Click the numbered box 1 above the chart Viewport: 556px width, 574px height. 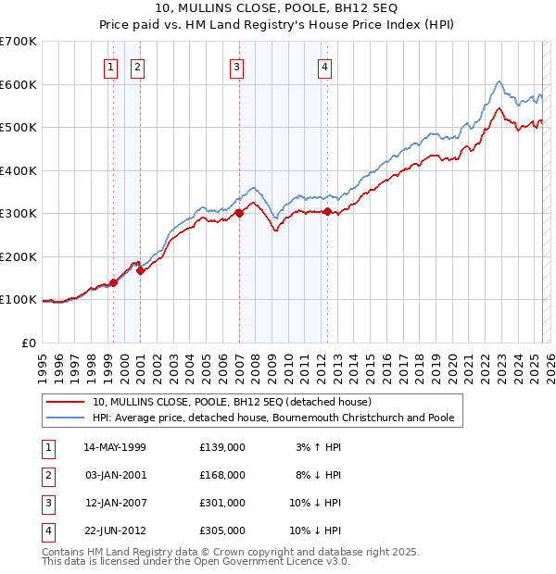pyautogui.click(x=110, y=66)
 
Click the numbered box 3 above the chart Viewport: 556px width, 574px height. pyautogui.click(x=237, y=66)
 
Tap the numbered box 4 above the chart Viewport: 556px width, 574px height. pyautogui.click(x=325, y=66)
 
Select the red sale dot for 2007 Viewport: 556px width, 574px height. pyautogui.click(x=239, y=213)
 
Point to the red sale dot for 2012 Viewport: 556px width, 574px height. pyautogui.click(x=327, y=211)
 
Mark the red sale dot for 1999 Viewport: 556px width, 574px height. pyautogui.click(x=113, y=282)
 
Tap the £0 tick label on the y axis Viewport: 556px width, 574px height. pyautogui.click(x=30, y=343)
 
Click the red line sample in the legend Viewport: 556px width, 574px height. pyautogui.click(x=66, y=402)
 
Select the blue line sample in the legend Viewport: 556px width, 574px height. pyautogui.click(x=66, y=418)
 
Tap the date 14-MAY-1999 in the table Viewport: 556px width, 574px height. pyautogui.click(x=115, y=447)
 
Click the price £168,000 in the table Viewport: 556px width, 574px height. pyautogui.click(x=222, y=475)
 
